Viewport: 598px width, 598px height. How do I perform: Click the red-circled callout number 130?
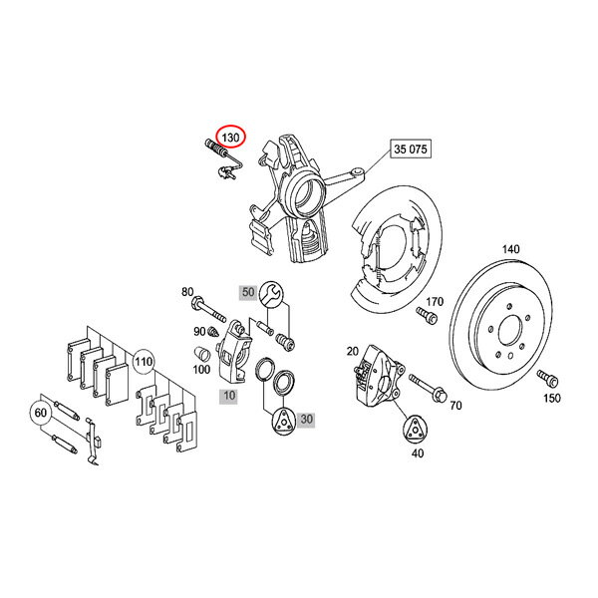230,137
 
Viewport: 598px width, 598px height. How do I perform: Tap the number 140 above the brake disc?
510,248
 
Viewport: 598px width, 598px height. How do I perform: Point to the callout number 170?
435,301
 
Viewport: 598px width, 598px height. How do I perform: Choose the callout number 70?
455,406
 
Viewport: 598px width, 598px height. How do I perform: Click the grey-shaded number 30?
306,421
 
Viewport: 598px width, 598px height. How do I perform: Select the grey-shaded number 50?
248,292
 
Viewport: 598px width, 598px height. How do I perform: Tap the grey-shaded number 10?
228,397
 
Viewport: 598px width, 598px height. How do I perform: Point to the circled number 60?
42,410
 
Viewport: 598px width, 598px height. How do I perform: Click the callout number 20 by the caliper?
352,351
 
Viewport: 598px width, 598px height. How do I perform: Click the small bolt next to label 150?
546,378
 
